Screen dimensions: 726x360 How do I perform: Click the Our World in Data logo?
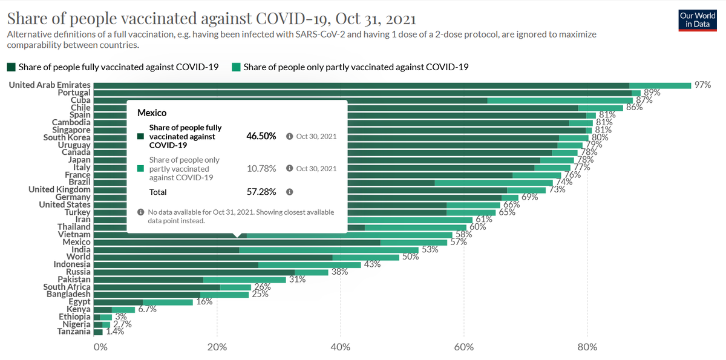pyautogui.click(x=698, y=21)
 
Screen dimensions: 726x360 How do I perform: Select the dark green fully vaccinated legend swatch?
pyautogui.click(x=11, y=67)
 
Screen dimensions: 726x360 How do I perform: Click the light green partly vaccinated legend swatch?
pyautogui.click(x=237, y=67)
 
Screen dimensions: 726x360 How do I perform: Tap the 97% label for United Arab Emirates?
pyautogui.click(x=702, y=85)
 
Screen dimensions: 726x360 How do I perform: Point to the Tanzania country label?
pyautogui.click(x=74, y=332)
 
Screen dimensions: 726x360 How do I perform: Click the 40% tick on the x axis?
pyautogui.click(x=340, y=347)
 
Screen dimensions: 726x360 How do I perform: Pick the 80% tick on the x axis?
pyautogui.click(x=587, y=347)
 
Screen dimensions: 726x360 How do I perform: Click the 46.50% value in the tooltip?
pyautogui.click(x=261, y=136)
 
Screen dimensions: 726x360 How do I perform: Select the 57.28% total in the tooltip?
pyautogui.click(x=261, y=192)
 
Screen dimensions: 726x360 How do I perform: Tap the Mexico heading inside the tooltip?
pyautogui.click(x=152, y=113)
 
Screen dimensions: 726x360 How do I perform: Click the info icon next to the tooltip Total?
pyautogui.click(x=289, y=192)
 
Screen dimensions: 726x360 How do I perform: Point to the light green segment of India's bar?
pyautogui.click(x=329, y=250)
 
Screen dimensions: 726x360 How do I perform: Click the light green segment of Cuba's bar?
pyautogui.click(x=560, y=100)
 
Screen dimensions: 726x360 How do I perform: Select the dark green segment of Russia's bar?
pyautogui.click(x=194, y=272)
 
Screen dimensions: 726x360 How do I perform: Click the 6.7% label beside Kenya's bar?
pyautogui.click(x=148, y=309)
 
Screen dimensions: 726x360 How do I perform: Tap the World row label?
pyautogui.click(x=79, y=257)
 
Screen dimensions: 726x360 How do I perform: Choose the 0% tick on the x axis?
pyautogui.click(x=100, y=347)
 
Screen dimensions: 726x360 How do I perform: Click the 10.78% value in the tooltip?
pyautogui.click(x=261, y=169)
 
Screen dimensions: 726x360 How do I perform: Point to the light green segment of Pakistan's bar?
pyautogui.click(x=244, y=280)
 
